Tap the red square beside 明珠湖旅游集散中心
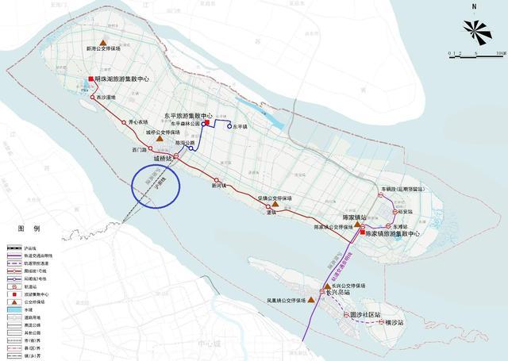point(91,78)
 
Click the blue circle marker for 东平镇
point(230,126)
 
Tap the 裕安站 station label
point(408,212)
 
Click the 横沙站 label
point(395,323)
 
